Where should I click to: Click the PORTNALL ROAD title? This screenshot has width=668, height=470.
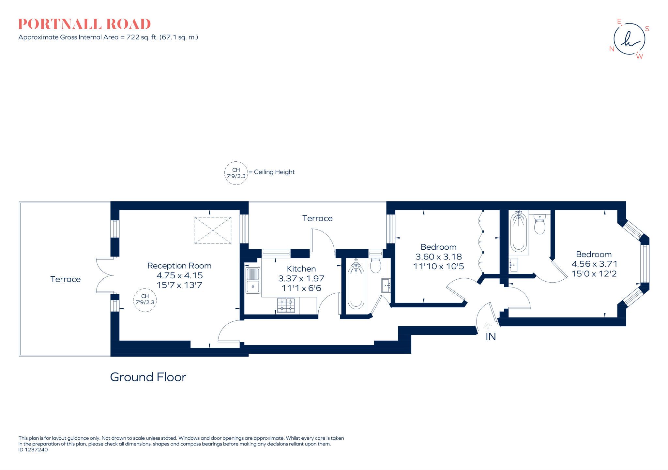(84, 24)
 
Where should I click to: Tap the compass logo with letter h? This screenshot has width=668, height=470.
(629, 39)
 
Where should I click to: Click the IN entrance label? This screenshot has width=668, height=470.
(491, 337)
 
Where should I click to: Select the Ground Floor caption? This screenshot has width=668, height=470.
(148, 377)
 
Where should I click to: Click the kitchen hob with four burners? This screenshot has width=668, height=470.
(286, 305)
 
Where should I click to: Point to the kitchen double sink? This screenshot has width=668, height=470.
(253, 280)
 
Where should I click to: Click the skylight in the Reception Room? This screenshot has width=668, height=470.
(213, 230)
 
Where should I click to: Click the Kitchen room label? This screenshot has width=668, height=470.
(301, 269)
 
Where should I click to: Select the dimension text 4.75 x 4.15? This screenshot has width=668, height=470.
(180, 275)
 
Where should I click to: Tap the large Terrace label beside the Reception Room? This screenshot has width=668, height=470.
(65, 279)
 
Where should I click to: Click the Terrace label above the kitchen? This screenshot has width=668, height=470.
(317, 218)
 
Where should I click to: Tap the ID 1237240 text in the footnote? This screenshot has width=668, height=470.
(33, 450)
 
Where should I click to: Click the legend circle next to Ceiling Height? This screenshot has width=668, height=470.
(236, 173)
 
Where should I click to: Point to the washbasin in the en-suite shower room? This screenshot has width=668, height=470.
(513, 265)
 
